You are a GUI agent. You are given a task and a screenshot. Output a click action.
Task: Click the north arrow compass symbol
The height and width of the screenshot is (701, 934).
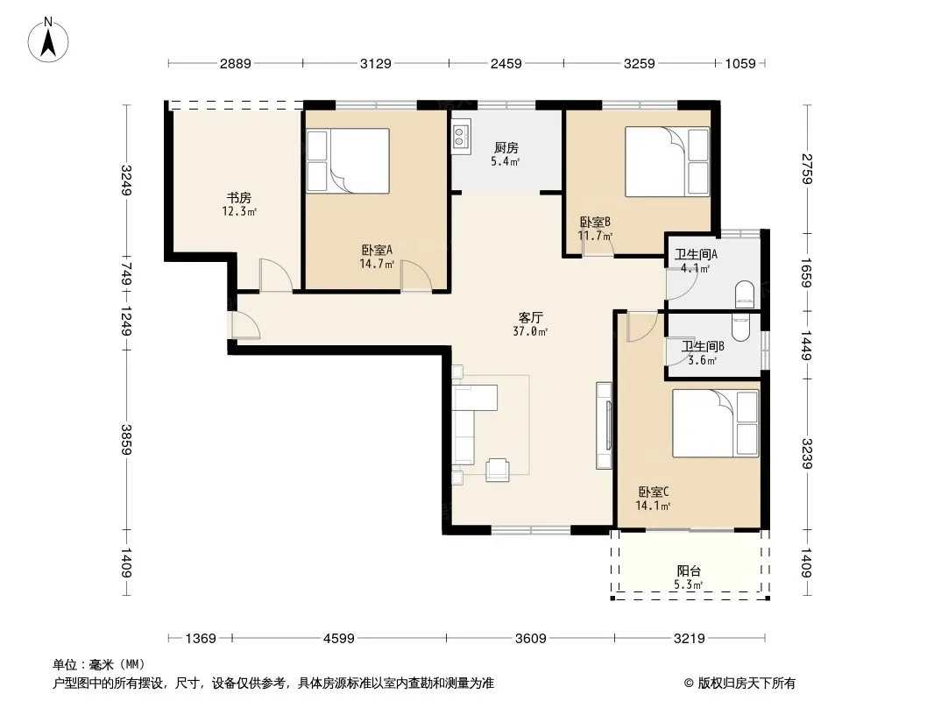(x=47, y=40)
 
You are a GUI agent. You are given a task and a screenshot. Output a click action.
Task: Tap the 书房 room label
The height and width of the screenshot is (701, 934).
(x=238, y=197)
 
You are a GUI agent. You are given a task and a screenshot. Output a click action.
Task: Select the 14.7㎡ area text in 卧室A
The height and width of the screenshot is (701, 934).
(x=377, y=264)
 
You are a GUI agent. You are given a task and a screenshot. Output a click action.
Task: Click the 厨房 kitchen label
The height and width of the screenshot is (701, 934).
(x=506, y=148)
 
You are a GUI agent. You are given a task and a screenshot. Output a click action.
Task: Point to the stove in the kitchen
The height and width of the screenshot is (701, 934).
(x=462, y=133)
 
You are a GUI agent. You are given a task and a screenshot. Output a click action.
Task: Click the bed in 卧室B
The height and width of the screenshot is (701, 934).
(x=667, y=161)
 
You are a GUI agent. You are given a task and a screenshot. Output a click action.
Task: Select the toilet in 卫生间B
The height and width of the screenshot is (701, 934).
(x=740, y=328)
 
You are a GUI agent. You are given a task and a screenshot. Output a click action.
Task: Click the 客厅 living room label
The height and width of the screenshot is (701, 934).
(x=530, y=317)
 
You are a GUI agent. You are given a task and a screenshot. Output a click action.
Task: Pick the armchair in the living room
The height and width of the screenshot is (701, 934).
(x=498, y=470)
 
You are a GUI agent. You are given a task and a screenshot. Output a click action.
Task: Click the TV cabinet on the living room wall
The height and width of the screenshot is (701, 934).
(x=604, y=425)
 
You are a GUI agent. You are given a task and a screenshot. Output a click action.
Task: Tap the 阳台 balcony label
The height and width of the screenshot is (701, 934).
(x=689, y=570)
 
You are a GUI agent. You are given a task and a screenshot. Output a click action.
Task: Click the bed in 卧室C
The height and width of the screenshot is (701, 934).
(x=715, y=423)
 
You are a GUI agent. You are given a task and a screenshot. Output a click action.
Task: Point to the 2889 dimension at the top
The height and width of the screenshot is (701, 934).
(x=236, y=64)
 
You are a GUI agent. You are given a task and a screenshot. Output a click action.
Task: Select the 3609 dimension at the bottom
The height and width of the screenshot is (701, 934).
(x=530, y=639)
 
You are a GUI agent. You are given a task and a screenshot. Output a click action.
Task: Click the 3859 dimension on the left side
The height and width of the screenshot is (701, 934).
(x=125, y=440)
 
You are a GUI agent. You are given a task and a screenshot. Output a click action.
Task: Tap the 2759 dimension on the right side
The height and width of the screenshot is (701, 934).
(x=807, y=169)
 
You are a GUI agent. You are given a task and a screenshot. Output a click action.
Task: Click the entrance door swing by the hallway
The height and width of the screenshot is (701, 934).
(x=245, y=325)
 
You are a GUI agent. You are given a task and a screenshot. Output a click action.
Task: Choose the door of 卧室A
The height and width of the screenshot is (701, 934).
(x=416, y=276)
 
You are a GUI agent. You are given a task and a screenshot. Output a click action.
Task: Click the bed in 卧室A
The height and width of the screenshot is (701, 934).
(x=348, y=161)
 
